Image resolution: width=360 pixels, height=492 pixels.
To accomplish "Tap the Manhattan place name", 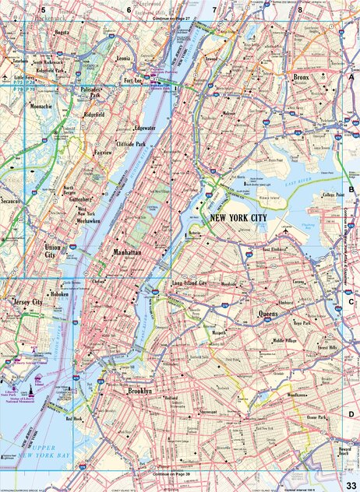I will (127, 253).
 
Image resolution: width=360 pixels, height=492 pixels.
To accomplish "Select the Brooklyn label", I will (139, 390).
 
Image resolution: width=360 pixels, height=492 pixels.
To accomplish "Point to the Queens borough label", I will (269, 315).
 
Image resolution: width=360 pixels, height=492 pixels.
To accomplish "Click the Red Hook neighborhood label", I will (75, 418).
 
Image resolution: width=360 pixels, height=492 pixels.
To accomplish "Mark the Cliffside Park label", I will (130, 144).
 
